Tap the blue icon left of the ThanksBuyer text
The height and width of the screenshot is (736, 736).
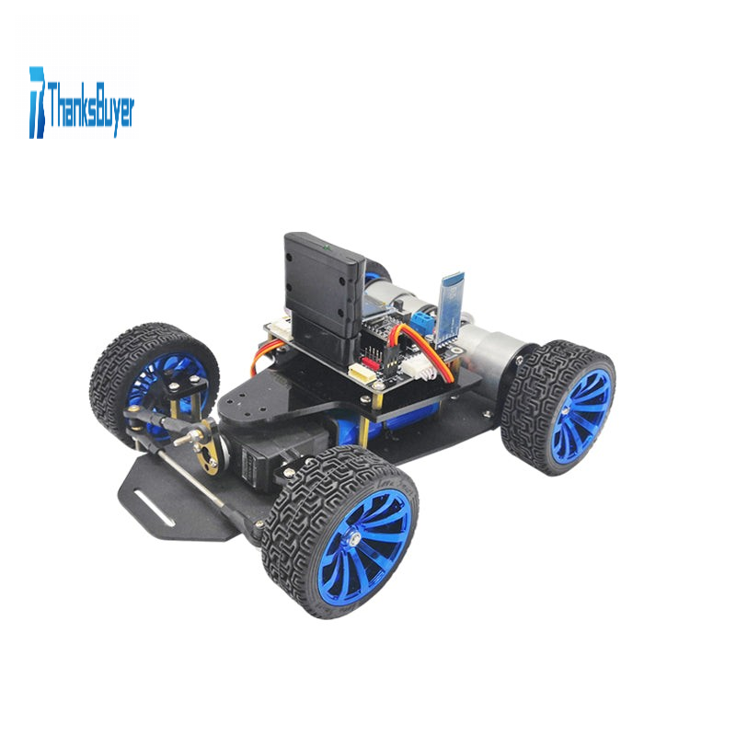click(37, 102)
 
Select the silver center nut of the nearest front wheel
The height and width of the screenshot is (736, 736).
click(355, 537)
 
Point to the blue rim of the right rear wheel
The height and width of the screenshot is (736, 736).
click(581, 413)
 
